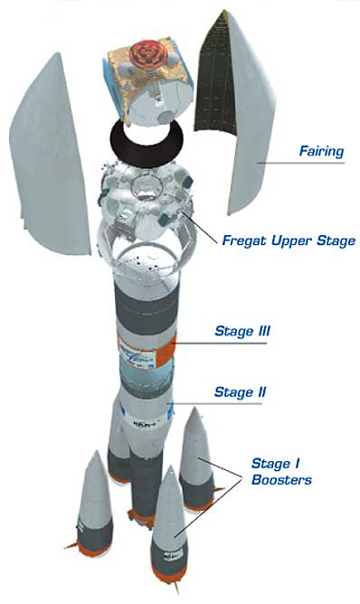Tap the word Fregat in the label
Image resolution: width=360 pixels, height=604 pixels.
pyautogui.click(x=245, y=241)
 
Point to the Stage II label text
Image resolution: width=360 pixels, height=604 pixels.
pyautogui.click(x=239, y=392)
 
